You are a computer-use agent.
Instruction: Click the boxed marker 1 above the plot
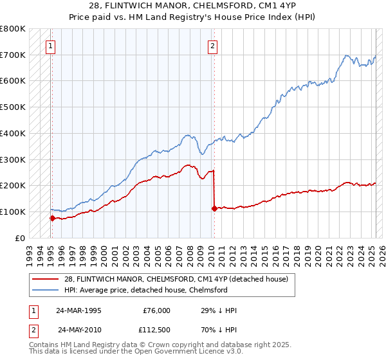click(x=51, y=46)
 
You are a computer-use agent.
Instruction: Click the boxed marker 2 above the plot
click(x=212, y=46)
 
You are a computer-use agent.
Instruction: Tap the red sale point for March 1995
click(x=52, y=218)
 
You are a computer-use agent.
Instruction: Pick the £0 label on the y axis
click(x=19, y=238)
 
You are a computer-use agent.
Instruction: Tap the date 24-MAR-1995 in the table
click(x=78, y=310)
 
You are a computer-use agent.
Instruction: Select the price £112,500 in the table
click(x=156, y=330)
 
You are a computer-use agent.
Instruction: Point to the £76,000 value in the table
click(x=156, y=310)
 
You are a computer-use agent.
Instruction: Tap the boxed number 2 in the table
click(x=33, y=330)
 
